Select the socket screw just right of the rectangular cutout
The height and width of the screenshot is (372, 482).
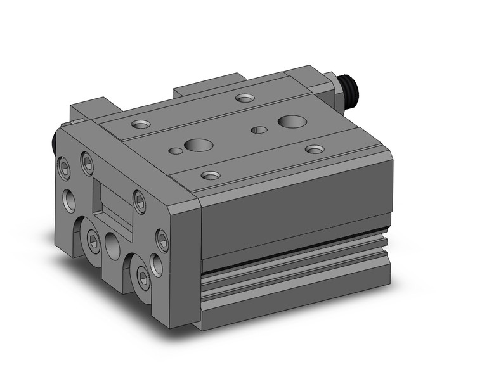(x=139, y=201)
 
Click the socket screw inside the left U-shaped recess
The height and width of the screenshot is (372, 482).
(x=93, y=238)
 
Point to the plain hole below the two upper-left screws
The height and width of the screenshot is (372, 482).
(x=69, y=200)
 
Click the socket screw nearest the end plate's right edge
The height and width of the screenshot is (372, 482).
(x=162, y=239)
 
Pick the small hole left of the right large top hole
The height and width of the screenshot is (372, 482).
(x=259, y=130)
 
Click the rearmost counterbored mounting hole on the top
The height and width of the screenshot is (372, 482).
(x=244, y=98)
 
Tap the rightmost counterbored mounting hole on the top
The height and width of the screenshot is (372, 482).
(x=315, y=149)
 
